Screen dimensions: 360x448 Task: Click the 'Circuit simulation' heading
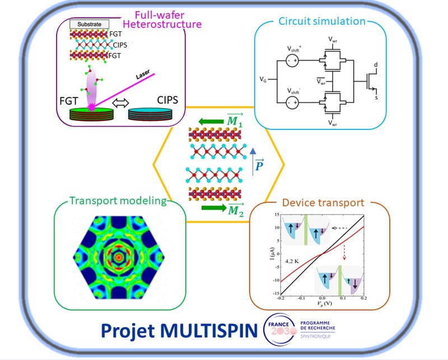coord(321,22)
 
